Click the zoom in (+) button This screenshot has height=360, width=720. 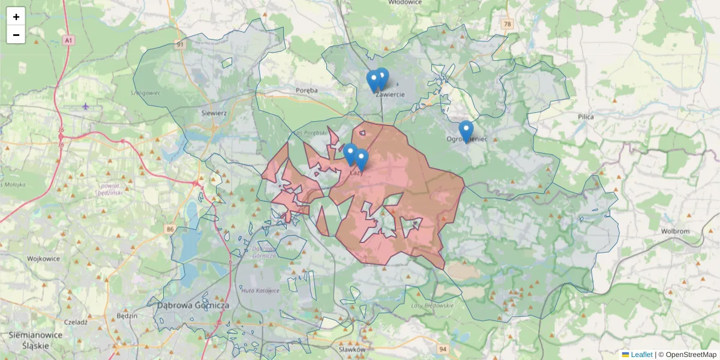(16, 17)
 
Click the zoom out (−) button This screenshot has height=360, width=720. (16, 35)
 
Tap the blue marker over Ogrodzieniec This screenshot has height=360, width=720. (466, 131)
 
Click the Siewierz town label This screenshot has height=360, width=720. (213, 112)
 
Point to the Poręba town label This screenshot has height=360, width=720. (306, 90)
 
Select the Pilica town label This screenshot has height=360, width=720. (586, 117)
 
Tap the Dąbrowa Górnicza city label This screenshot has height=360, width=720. (193, 305)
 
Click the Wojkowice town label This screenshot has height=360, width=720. (44, 259)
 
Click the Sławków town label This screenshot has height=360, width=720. (352, 349)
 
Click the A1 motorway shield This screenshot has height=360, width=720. (68, 40)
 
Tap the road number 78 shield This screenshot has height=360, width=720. (509, 24)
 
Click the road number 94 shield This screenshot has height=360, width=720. (443, 349)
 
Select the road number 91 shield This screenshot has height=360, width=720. (180, 44)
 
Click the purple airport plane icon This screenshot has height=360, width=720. (85, 106)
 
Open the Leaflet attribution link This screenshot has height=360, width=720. (637, 355)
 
